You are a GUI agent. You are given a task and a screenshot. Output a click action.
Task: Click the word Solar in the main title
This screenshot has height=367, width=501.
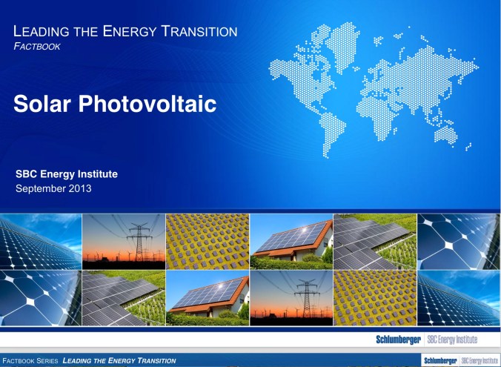pyautogui.click(x=43, y=104)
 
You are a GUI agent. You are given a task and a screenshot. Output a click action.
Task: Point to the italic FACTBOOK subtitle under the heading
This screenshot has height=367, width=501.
pyautogui.click(x=38, y=46)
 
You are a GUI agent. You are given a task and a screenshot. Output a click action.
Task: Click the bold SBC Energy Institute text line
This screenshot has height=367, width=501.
pyautogui.click(x=67, y=174)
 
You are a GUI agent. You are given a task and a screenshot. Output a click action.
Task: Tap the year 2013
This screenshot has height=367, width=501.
pyautogui.click(x=81, y=188)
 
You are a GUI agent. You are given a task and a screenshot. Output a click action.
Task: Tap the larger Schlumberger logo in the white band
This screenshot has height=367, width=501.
pyautogui.click(x=399, y=340)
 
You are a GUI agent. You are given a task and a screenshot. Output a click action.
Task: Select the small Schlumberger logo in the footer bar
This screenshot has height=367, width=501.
pyautogui.click(x=439, y=360)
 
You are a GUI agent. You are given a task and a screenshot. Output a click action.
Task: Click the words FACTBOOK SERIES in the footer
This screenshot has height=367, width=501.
pyautogui.click(x=30, y=361)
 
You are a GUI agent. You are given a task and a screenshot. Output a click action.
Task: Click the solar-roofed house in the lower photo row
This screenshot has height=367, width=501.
pyautogui.click(x=208, y=297)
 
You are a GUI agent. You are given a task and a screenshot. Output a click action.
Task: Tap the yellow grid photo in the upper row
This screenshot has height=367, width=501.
pyautogui.click(x=208, y=241)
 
